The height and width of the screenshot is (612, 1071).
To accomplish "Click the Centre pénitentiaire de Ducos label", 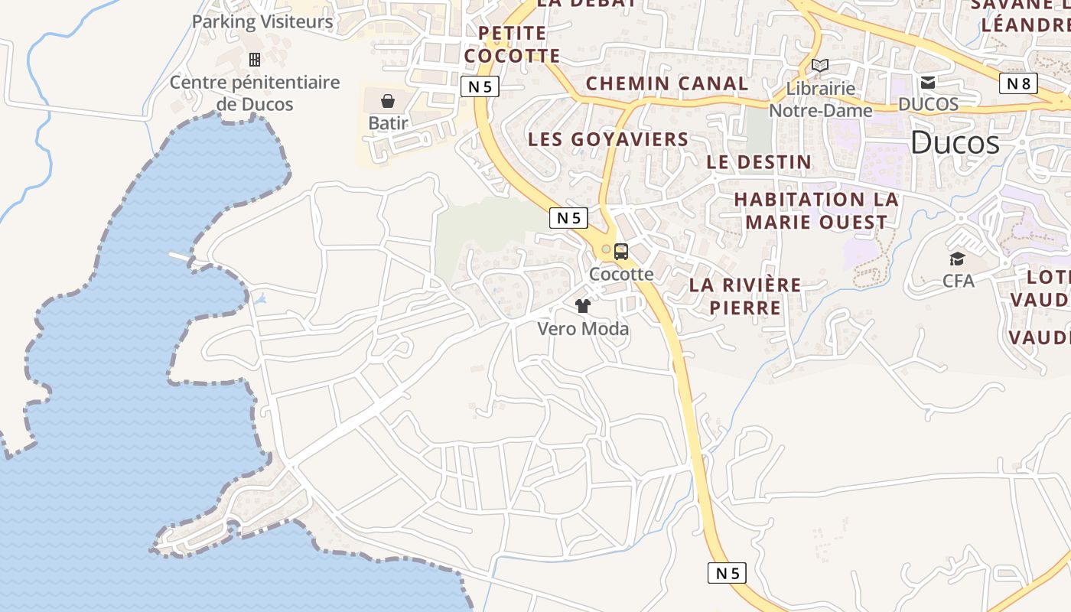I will click(255, 93).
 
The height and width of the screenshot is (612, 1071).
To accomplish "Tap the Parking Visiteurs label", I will click(262, 21).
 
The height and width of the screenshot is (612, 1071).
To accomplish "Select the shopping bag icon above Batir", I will click(388, 101).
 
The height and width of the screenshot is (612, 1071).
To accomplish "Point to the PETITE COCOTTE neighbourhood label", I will click(513, 44).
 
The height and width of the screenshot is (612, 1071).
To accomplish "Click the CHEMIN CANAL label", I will click(667, 83).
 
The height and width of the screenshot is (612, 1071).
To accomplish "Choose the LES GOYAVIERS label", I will click(609, 139).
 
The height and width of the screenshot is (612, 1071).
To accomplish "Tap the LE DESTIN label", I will click(759, 162).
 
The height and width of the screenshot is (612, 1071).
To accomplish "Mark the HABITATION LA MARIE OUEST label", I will click(816, 211).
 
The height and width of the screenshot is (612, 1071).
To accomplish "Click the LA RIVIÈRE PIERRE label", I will click(745, 296).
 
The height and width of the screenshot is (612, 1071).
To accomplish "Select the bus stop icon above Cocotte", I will click(621, 251).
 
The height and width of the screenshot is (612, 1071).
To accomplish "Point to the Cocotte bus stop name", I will click(621, 274).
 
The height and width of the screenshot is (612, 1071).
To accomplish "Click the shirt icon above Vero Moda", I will click(583, 306).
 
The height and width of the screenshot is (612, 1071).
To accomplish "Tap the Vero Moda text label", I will click(583, 329).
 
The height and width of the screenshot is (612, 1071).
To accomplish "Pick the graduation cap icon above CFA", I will click(958, 259).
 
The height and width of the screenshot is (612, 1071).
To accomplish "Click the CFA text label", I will click(959, 281).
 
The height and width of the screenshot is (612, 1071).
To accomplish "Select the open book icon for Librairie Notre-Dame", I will click(820, 66).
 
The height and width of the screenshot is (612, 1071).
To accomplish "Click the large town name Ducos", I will click(955, 143).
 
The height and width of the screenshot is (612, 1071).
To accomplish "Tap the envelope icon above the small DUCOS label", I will click(928, 83).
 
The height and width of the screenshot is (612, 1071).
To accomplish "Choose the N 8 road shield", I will click(1018, 83).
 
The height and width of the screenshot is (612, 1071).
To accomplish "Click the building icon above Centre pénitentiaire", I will click(255, 59).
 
